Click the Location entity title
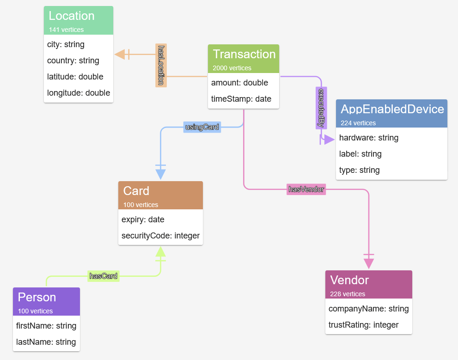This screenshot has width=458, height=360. [x=72, y=16]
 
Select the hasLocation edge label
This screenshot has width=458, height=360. [x=161, y=65]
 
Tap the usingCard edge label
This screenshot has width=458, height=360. [x=202, y=127]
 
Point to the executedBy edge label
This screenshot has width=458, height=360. [x=321, y=108]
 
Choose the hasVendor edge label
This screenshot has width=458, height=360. [x=306, y=189]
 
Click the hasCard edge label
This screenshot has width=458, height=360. [x=104, y=276]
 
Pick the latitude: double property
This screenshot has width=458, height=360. [x=75, y=77]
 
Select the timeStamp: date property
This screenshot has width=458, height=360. [x=241, y=99]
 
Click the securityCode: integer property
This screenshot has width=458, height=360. [x=160, y=236]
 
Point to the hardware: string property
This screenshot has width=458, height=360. [x=369, y=138]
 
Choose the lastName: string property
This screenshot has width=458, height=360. [x=46, y=342]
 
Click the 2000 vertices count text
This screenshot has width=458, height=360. [x=232, y=68]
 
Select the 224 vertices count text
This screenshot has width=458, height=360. [x=358, y=123]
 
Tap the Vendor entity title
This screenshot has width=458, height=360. [x=349, y=280]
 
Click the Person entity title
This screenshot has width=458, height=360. [x=37, y=297]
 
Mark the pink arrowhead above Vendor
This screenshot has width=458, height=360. [x=369, y=263]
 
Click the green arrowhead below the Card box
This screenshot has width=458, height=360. [x=160, y=252]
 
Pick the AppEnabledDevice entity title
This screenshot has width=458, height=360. [x=392, y=110]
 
